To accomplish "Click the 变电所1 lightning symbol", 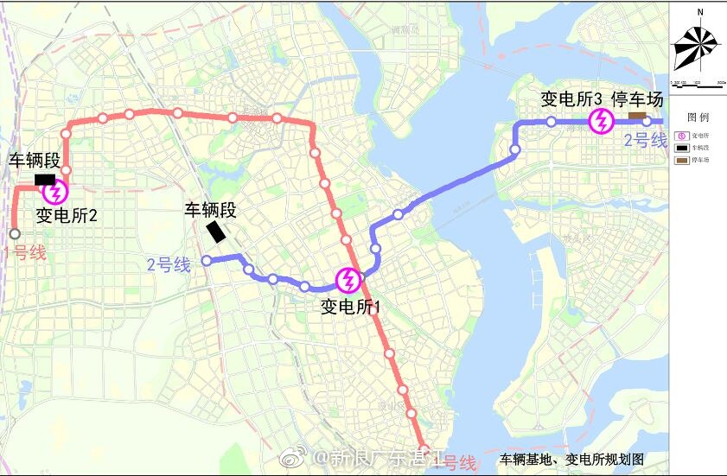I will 348,279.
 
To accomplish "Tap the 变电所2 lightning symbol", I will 56,192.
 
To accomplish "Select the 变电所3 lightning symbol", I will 599,122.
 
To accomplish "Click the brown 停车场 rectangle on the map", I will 637,116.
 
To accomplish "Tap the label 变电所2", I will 67,214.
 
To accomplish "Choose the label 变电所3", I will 571,98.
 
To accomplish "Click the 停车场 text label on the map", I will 637,98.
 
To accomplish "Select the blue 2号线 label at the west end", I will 169,264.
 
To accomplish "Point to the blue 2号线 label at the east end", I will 646,140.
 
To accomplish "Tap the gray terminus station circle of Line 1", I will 14,234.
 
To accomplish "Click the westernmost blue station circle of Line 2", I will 207,260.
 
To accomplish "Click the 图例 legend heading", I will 698,117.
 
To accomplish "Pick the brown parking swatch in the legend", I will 681,161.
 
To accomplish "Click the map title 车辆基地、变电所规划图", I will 571,460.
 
